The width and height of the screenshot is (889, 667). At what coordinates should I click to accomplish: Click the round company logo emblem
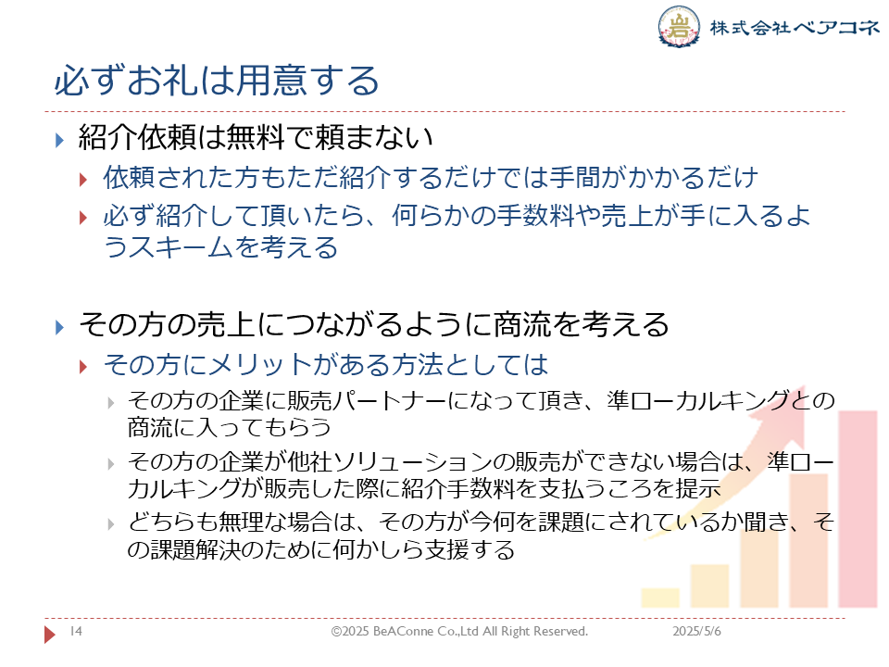coord(678,26)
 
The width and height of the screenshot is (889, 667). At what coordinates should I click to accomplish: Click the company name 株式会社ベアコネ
coord(795,27)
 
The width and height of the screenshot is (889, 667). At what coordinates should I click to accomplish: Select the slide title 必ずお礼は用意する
coord(217,80)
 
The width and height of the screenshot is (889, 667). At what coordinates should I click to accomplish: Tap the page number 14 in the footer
coord(76,631)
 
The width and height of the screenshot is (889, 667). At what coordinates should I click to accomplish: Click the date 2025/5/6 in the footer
coord(696,631)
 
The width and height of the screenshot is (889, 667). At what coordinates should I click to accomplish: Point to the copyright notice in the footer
coord(459,631)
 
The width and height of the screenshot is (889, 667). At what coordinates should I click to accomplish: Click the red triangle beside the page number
coord(50,634)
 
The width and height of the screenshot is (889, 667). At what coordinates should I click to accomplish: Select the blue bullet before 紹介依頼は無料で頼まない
coord(59,140)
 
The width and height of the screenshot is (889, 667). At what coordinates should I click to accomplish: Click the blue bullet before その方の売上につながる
coord(59,327)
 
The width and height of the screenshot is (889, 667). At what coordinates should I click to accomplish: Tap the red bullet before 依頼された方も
coord(83,180)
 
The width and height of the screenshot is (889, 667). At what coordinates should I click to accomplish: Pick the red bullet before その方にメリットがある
coord(83,367)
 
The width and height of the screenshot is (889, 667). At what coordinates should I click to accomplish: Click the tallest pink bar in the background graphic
coord(858,509)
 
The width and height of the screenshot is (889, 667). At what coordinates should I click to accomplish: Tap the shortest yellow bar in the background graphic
coord(660,598)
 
